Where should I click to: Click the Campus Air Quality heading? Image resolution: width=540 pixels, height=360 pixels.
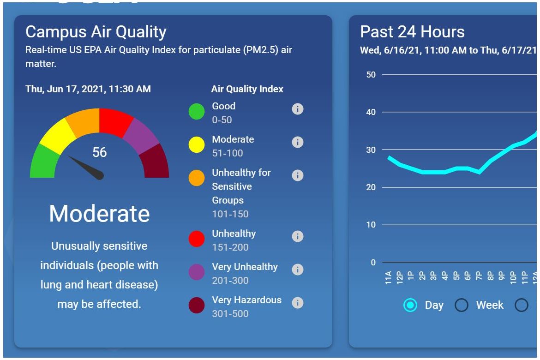96,32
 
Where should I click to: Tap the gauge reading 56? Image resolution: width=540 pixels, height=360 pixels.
99,152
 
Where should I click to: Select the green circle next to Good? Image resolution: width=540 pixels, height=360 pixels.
197,112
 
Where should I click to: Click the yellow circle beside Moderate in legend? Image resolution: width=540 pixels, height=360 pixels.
197,145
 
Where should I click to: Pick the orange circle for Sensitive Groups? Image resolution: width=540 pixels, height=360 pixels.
197,178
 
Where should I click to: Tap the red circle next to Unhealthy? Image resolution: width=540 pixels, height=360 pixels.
197,239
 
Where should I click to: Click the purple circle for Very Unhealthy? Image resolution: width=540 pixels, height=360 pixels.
197,272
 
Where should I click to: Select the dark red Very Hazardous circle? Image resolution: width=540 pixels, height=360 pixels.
197,306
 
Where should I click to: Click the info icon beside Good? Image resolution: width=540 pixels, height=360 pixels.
298,109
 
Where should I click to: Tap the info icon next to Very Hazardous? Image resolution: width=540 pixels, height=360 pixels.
298,303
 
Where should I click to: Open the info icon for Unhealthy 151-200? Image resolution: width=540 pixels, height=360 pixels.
298,236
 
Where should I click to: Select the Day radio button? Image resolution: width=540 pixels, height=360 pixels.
410,305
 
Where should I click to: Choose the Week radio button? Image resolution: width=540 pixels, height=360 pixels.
462,305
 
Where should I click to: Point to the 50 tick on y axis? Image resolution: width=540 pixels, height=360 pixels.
371,75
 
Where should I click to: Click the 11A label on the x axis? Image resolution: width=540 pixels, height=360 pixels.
388,277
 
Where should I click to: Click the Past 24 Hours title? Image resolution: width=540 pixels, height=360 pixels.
412,32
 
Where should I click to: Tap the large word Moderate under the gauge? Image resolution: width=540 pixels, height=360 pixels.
99,214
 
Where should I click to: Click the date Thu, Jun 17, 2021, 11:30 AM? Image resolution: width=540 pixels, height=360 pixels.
88,89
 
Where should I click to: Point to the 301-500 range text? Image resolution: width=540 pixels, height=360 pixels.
230,314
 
